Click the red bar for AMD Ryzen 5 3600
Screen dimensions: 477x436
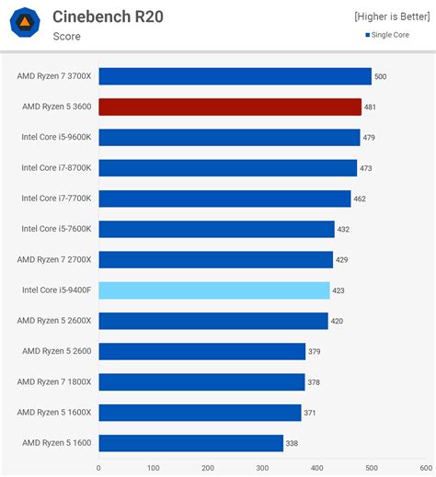(x=230, y=107)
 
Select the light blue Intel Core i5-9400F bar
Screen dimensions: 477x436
(x=214, y=290)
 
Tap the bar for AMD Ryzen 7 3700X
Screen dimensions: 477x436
(x=235, y=76)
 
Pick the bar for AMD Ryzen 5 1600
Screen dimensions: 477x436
(x=190, y=443)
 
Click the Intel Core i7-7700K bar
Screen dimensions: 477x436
(x=224, y=199)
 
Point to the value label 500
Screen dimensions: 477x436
(x=380, y=76)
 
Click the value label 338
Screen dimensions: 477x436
(x=292, y=443)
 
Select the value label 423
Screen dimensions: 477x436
(x=338, y=290)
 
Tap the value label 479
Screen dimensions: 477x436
(x=369, y=138)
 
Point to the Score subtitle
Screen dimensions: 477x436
(x=66, y=37)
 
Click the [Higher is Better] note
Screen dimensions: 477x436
(x=391, y=17)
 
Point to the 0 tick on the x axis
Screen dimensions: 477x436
(x=99, y=468)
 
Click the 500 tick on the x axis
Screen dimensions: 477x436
(x=371, y=468)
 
